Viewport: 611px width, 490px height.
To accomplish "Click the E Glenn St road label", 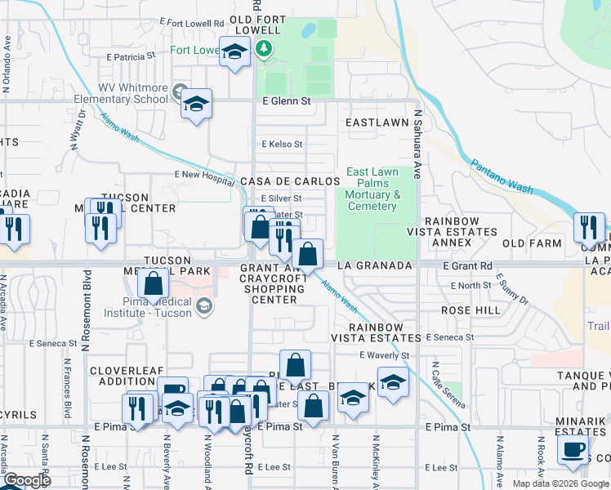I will point(287,101).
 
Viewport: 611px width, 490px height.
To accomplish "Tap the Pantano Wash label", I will point(502,177).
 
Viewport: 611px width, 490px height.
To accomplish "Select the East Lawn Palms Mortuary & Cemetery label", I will point(372,189).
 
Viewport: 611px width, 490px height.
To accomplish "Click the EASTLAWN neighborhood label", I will point(377,122).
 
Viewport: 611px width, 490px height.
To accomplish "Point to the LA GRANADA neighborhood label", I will point(377,266).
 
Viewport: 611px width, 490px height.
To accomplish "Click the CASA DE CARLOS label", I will point(289,181).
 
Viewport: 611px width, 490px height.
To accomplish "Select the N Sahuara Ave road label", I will point(417,145).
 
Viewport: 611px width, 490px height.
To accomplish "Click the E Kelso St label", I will point(282,144).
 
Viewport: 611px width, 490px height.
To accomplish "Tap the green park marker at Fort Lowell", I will point(263,49).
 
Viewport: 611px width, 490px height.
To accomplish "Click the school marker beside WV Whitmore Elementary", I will point(196,104).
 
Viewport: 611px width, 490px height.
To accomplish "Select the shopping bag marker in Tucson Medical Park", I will point(153,285).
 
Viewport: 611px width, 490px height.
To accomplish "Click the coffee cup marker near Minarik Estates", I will point(573,448).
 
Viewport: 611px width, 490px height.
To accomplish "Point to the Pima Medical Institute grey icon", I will point(204,306).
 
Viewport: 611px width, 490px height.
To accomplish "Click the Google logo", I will point(27,480).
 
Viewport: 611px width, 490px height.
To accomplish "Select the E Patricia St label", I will point(131,57).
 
